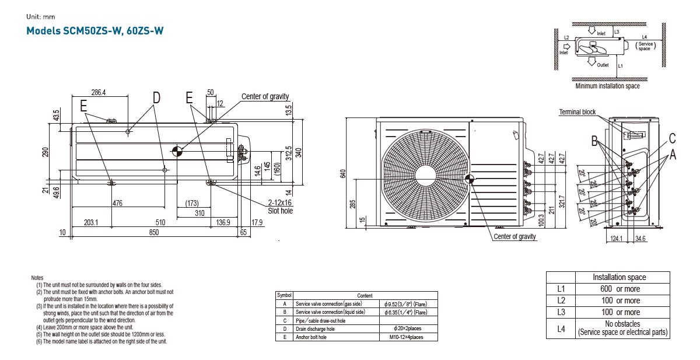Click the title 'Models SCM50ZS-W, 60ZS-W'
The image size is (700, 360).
coord(94,31)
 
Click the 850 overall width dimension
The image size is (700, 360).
coord(154,232)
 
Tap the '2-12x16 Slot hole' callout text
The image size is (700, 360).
coord(280,207)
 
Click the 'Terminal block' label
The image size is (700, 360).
coord(577,112)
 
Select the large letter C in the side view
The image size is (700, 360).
coord(672,138)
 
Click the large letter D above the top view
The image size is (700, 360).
coord(156,98)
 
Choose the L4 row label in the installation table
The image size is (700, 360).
coord(561,328)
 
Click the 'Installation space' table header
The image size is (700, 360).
coord(619,277)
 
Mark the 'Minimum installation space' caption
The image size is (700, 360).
coord(607,86)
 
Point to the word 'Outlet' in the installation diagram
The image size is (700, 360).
coord(603,65)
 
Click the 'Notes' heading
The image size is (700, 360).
coord(37,278)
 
